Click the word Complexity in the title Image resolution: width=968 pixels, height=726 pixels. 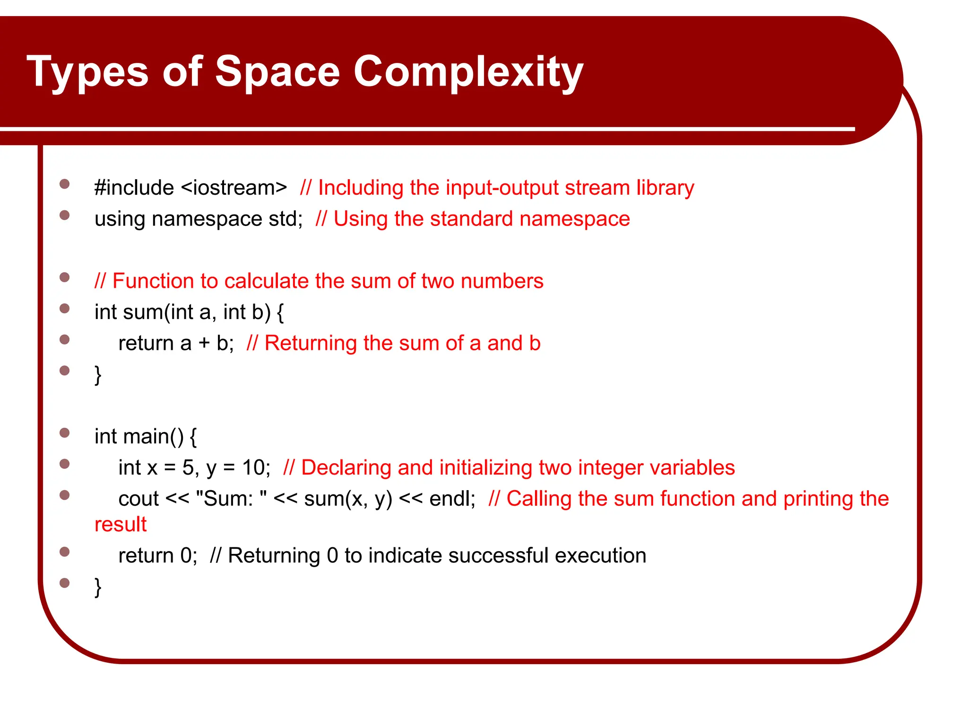[x=468, y=72]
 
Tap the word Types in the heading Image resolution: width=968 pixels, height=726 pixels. [x=87, y=72]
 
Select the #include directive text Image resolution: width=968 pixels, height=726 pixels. [x=134, y=188]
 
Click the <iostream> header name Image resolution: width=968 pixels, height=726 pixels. [x=234, y=188]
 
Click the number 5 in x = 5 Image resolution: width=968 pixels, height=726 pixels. [x=188, y=468]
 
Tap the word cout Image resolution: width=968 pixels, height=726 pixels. [x=138, y=499]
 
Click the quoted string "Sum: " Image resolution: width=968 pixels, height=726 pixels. [x=231, y=499]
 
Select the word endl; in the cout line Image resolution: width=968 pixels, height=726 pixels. [x=452, y=499]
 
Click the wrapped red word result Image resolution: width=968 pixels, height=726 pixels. [x=121, y=525]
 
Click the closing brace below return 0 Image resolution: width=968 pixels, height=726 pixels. [x=98, y=587]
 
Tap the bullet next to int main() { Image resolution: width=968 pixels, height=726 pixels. [x=65, y=433]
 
